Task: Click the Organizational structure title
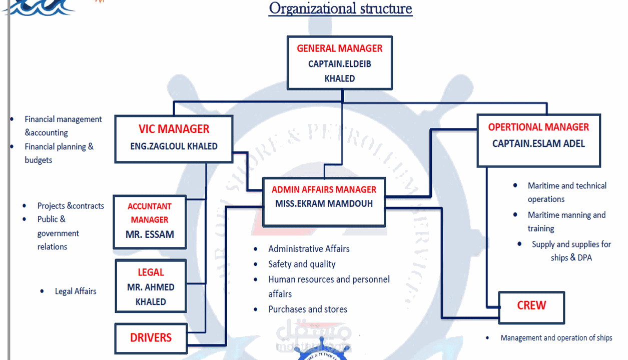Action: pyautogui.click(x=340, y=8)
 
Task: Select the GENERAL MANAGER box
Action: pyautogui.click(x=340, y=63)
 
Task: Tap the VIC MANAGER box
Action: pyautogui.click(x=174, y=138)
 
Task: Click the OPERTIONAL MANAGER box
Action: pyautogui.click(x=538, y=140)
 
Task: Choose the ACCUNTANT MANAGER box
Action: pyautogui.click(x=150, y=222)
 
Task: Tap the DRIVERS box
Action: pyautogui.click(x=151, y=338)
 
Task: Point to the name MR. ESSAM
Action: pyautogui.click(x=150, y=234)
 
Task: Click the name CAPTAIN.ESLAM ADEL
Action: pyautogui.click(x=538, y=144)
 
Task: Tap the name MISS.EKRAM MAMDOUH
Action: pyautogui.click(x=324, y=204)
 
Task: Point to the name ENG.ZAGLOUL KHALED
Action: pyautogui.click(x=174, y=146)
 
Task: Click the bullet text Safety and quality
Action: pyautogui.click(x=302, y=264)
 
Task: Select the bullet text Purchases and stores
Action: pyautogui.click(x=308, y=309)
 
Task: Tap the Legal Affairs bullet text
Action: pyautogui.click(x=76, y=291)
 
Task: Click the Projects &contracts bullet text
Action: pyautogui.click(x=71, y=205)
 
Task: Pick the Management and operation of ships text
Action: pyautogui.click(x=556, y=338)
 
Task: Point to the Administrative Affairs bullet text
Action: pyautogui.click(x=309, y=248)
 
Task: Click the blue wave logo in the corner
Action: pyautogui.click(x=40, y=7)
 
